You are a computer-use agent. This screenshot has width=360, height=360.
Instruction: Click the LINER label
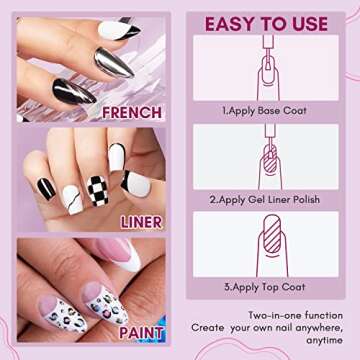click(x=141, y=222)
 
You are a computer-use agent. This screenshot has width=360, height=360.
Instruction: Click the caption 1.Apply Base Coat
click(x=265, y=114)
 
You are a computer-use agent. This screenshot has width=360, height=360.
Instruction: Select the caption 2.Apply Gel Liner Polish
click(x=265, y=199)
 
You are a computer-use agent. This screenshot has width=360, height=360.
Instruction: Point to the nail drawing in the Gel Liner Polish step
click(x=265, y=160)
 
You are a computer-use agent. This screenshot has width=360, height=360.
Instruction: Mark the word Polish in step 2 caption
click(x=301, y=199)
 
